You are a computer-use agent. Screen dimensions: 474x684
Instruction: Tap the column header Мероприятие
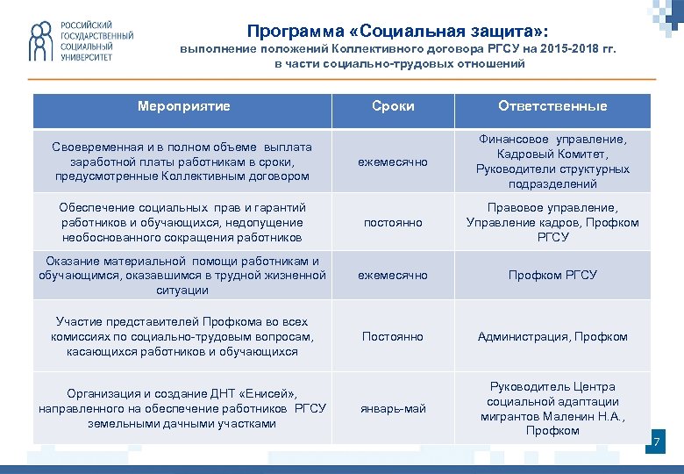[x=183, y=106]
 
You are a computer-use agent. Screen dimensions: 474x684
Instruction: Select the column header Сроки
[x=393, y=106]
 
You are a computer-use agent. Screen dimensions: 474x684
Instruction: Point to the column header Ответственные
[x=552, y=106]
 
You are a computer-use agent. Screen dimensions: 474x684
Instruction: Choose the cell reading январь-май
[x=393, y=408]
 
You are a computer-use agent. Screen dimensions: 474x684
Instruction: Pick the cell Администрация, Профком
[x=552, y=336]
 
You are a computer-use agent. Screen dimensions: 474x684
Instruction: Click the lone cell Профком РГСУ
[x=552, y=275]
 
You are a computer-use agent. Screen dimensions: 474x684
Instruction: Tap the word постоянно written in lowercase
[x=393, y=222]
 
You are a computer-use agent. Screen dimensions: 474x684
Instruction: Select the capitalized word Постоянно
[x=393, y=336]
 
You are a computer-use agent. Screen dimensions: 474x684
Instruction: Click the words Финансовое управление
[x=552, y=139]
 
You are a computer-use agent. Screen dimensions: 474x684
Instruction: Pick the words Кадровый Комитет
[x=552, y=154]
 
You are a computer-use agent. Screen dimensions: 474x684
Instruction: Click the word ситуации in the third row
[x=182, y=290]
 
